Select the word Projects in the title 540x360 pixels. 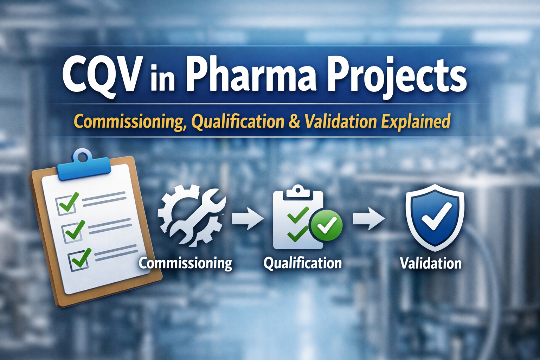tap(397, 77)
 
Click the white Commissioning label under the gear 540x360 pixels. tap(185, 263)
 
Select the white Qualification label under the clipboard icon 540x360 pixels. tap(303, 263)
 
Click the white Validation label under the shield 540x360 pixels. tap(431, 263)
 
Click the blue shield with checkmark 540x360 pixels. tap(435, 217)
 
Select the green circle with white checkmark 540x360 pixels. tap(326, 225)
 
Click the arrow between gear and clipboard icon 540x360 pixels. tap(247, 218)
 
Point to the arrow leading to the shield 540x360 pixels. tap(368, 218)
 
